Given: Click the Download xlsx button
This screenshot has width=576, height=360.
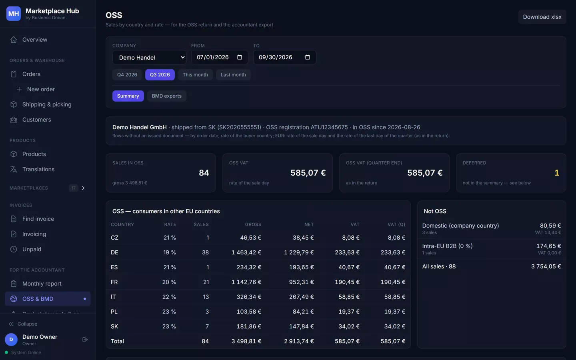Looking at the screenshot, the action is point(542,17).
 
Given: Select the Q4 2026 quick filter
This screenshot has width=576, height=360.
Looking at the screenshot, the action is point(127,74).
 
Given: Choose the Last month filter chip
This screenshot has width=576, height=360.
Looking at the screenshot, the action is point(233,74).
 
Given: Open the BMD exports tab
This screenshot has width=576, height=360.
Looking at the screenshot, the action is point(167,96).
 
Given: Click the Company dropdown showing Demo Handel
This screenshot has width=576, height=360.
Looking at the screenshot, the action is point(149,57).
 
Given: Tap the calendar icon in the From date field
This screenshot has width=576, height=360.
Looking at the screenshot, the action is point(239,57).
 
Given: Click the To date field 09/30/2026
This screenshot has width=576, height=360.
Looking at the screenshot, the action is point(284,57).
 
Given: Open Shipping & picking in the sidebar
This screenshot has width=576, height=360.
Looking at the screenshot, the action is point(47,104).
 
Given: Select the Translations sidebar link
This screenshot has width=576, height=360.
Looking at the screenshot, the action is point(38,169).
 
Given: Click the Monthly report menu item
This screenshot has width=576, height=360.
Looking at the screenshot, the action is point(42,284).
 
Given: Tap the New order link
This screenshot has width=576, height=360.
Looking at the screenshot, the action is point(41,89).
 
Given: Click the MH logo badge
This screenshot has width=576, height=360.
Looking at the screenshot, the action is point(14,14).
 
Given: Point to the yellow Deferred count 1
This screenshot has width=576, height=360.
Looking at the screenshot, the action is point(557,172).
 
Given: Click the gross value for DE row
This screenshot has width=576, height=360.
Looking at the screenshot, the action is point(246,252).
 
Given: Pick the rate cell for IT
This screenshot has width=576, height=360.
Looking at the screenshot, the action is point(169,297).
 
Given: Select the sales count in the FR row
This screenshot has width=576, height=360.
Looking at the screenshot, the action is point(206,282).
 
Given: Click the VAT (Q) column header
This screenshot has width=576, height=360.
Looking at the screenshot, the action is point(396,224).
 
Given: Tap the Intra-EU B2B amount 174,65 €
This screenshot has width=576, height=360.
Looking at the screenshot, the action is point(548,246).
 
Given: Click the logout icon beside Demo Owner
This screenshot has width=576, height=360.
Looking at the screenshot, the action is point(85,340).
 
